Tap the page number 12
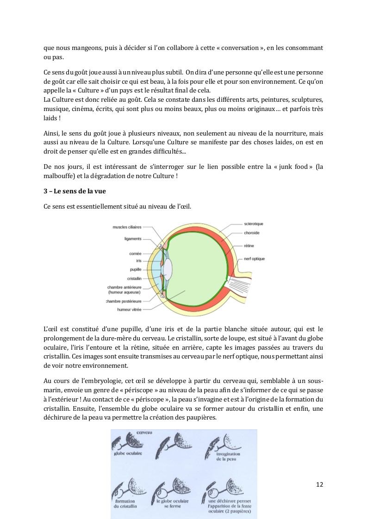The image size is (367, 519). (x=319, y=484)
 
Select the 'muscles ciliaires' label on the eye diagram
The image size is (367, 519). (x=127, y=227)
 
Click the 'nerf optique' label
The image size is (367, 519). (x=255, y=259)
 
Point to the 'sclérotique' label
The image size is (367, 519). (x=254, y=224)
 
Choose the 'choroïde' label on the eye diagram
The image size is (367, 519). (x=252, y=233)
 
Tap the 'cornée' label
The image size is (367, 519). (x=135, y=253)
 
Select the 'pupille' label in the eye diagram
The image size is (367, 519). (x=135, y=269)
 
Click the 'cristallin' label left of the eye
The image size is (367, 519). (x=134, y=278)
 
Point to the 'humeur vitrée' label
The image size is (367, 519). (x=130, y=309)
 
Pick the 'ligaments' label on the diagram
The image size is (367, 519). (x=133, y=239)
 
